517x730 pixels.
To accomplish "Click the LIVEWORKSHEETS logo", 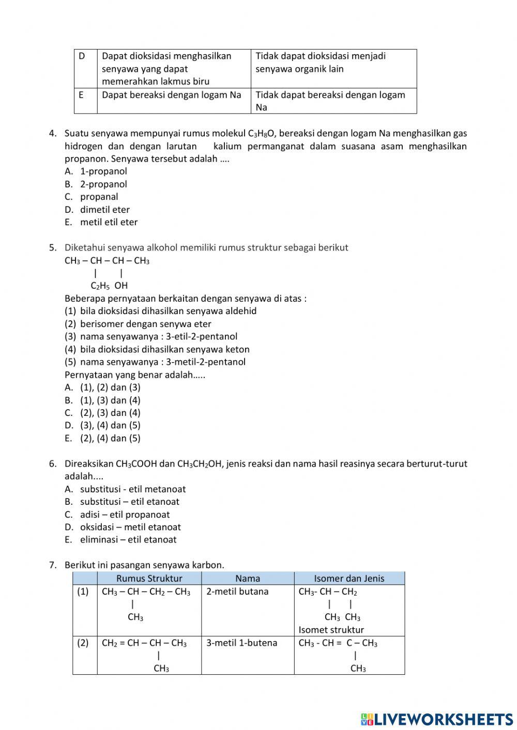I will pyautogui.click(x=437, y=719).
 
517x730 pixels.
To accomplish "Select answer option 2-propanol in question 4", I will pyautogui.click(x=103, y=184).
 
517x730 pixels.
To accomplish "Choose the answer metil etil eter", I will pyautogui.click(x=109, y=222).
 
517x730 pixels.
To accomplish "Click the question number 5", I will pyautogui.click(x=53, y=247).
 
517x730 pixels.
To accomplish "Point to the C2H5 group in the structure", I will pyautogui.click(x=100, y=286).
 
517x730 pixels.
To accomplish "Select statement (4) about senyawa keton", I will pyautogui.click(x=164, y=349).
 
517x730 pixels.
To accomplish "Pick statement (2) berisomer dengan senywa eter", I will pyautogui.click(x=145, y=324).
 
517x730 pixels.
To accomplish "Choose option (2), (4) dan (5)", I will pyautogui.click(x=110, y=438).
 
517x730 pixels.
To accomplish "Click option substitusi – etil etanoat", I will pyautogui.click(x=129, y=502).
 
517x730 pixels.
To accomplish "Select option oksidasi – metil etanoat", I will pyautogui.click(x=130, y=527).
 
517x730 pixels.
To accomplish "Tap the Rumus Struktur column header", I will pyautogui.click(x=149, y=578).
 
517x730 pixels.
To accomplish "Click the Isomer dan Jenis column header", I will pyautogui.click(x=349, y=578).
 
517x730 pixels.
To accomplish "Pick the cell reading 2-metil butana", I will pyautogui.click(x=237, y=592).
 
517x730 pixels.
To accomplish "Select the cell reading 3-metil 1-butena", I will pyautogui.click(x=241, y=643).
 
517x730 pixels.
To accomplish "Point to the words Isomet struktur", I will pyautogui.click(x=331, y=630).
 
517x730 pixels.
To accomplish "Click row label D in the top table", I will pyautogui.click(x=82, y=56).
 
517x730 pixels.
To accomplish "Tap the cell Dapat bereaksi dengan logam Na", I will pyautogui.click(x=172, y=95).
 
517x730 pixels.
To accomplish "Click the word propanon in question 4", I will pyautogui.click(x=86, y=159).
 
